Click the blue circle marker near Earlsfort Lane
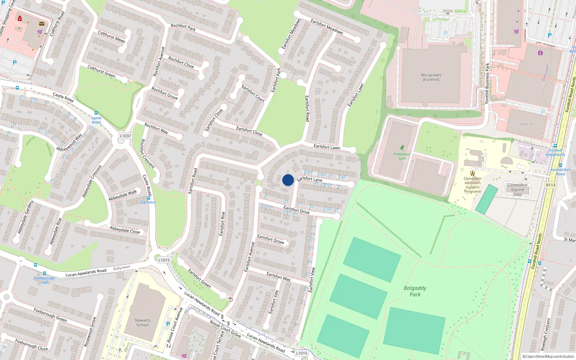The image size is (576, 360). pos(288,180)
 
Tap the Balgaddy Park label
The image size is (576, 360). pos(415,291)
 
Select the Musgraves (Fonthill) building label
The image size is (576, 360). pos(431,77)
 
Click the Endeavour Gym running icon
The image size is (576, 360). pos(402,148)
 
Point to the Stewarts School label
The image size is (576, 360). pos(143,323)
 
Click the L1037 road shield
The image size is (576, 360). pos(125,136)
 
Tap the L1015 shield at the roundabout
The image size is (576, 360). pos(164,260)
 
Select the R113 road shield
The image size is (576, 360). pos(550,185)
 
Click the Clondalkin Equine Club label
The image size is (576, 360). pos(517,190)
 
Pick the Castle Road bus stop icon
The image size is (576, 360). pos(96,113)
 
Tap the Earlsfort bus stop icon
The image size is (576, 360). pos(148,198)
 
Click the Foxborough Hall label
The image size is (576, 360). pos(45,280)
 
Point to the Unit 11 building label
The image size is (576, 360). pos(526,124)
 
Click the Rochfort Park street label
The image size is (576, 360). pos(183,27)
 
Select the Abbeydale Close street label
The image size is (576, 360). pos(125,230)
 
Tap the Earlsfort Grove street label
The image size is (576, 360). pos(271,239)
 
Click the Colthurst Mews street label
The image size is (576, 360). pos(112,37)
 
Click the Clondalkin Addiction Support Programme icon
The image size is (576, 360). pos(472,173)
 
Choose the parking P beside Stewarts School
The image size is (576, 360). pos(168,324)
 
